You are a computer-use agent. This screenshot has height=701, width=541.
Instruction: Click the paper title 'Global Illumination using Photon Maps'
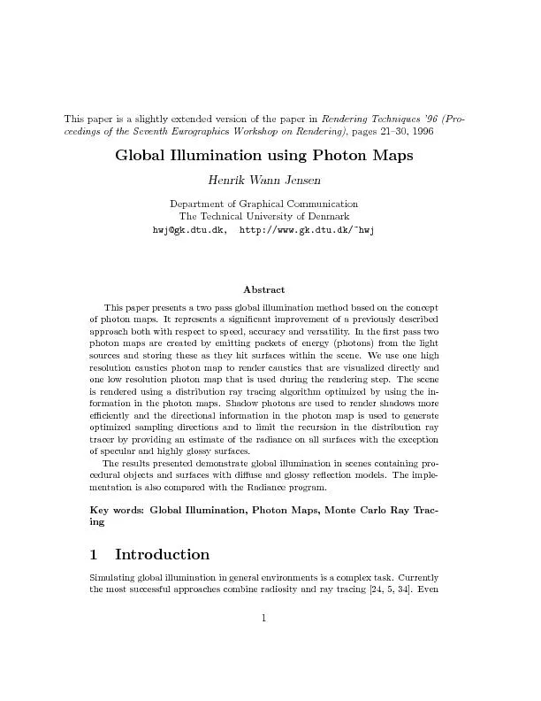point(270,157)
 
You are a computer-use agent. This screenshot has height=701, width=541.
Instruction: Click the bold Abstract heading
point(263,289)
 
